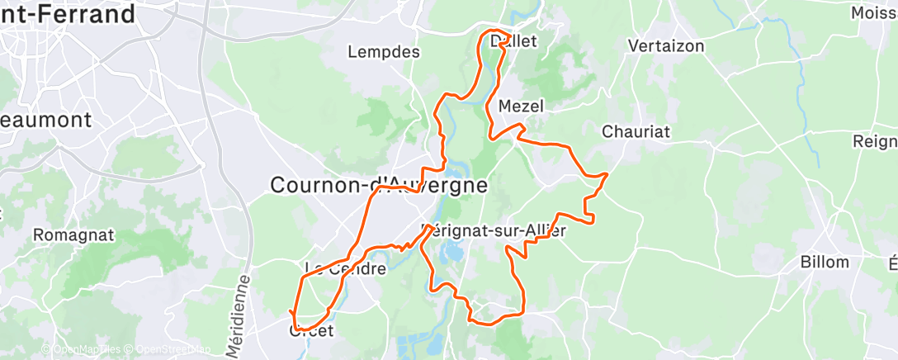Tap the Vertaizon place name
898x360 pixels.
tap(666, 46)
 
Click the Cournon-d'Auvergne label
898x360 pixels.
tap(379, 186)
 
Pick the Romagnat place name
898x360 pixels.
tap(73, 235)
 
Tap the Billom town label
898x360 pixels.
tap(825, 263)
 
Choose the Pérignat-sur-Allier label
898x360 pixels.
tap(494, 232)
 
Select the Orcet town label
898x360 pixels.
tap(311, 331)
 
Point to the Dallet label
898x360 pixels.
tap(513, 40)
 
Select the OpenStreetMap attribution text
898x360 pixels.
tap(171, 350)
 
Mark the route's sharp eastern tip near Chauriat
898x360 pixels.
tap(607, 173)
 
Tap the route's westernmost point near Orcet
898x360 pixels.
tap(291, 312)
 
